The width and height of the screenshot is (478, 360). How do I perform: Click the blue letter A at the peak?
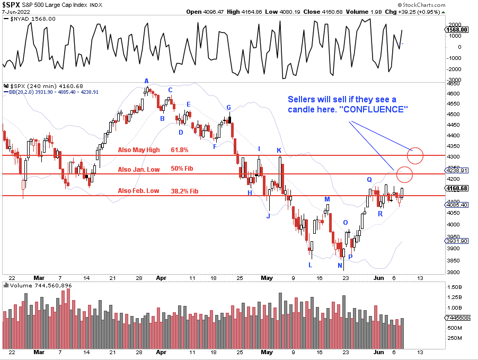[147, 81]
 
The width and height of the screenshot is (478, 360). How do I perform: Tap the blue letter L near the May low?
[311, 265]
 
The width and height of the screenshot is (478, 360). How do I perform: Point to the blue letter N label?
[340, 266]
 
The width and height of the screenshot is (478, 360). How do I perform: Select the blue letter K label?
[279, 151]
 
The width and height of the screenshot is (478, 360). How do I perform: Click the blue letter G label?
[228, 108]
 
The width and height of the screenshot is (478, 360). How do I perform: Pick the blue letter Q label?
[369, 180]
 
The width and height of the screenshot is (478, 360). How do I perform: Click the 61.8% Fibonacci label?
[180, 150]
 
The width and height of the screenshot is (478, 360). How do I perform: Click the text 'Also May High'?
[138, 150]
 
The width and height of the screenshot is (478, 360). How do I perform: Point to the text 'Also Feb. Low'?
[138, 191]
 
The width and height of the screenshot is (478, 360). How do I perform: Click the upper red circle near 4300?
[415, 155]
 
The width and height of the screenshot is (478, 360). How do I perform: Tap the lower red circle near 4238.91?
[404, 174]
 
